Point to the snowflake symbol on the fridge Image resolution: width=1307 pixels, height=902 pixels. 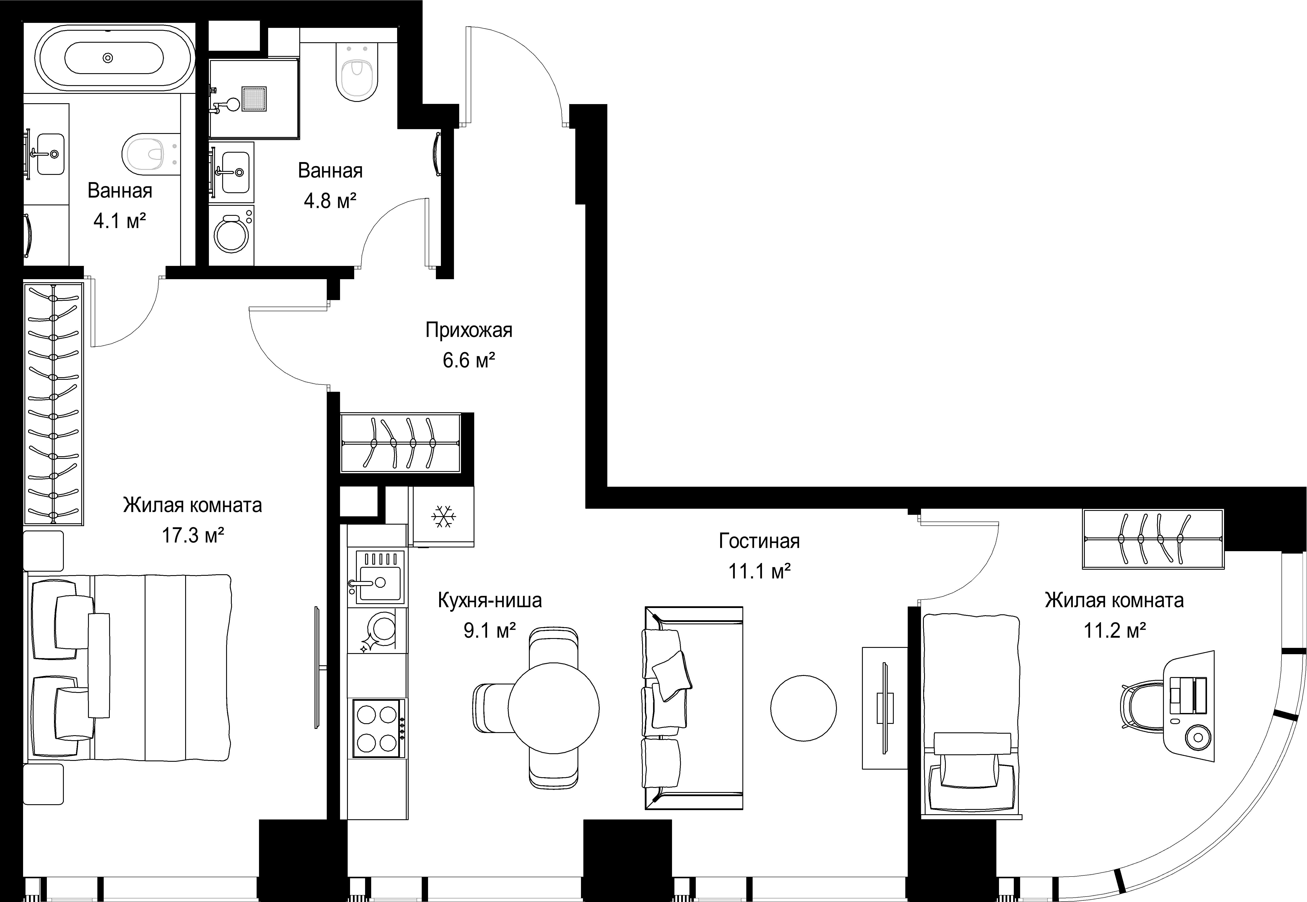444,517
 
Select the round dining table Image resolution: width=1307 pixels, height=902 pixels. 554,708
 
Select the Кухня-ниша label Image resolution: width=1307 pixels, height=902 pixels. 489,600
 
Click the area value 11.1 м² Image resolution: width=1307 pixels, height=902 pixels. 759,571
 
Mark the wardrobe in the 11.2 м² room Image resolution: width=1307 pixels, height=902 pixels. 1153,539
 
